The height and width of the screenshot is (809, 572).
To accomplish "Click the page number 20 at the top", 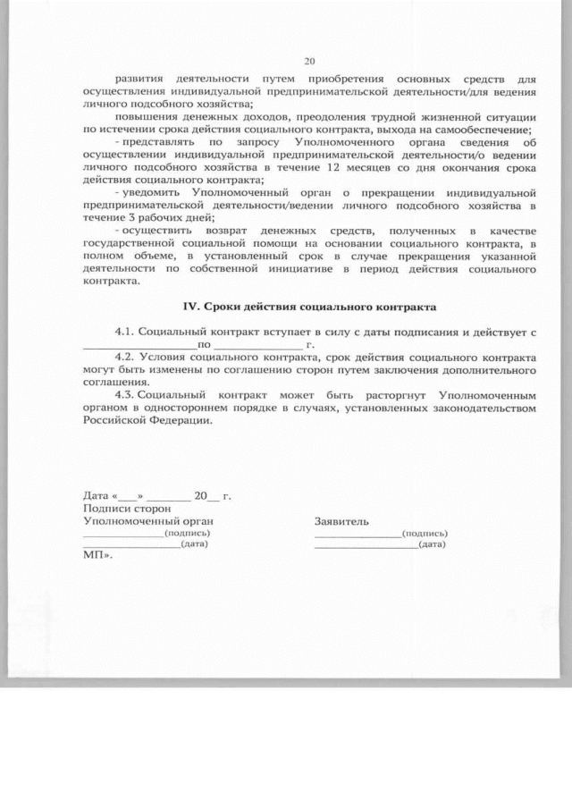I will (x=310, y=61).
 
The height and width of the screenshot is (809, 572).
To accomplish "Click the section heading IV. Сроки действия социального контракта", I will (x=309, y=308).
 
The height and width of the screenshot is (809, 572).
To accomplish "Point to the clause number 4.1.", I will (x=126, y=331).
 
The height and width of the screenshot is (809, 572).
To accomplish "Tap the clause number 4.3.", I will (x=126, y=394).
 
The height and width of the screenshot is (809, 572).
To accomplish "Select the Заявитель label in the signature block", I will (x=341, y=519).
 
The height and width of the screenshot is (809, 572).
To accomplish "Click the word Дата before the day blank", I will (x=96, y=494).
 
